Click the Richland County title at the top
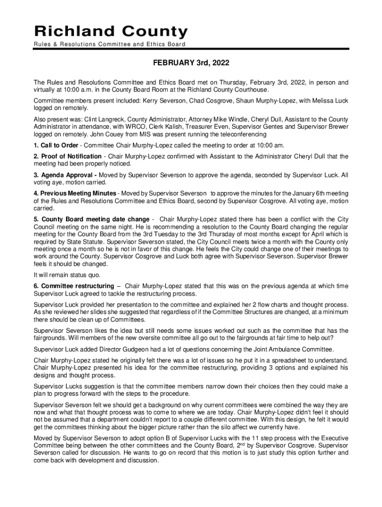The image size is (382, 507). tap(111, 32)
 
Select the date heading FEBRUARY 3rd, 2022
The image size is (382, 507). tap(191, 63)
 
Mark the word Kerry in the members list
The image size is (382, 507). tap(152, 101)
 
